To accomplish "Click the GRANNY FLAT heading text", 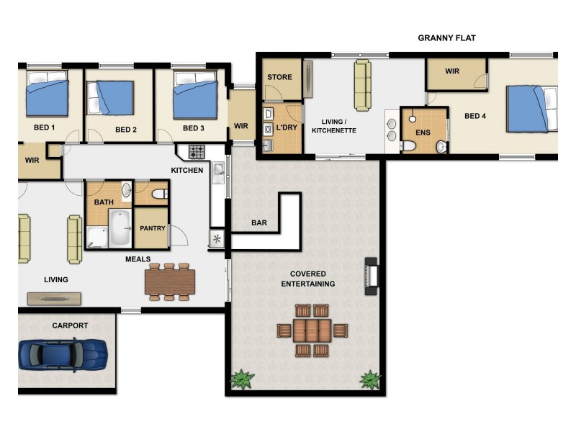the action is (446, 38).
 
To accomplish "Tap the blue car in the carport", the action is (63, 355).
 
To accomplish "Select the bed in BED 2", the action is (110, 98).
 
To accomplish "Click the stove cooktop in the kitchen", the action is (197, 152).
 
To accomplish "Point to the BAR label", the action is (259, 222).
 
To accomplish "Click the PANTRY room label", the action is (153, 228).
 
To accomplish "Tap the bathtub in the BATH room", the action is (120, 228).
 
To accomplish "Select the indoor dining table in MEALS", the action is (170, 282).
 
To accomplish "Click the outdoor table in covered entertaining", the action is (312, 330).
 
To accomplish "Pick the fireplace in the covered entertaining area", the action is (372, 276).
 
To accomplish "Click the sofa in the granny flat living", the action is (363, 85).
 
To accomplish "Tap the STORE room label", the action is (279, 77).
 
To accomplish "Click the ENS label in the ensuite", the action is (423, 132).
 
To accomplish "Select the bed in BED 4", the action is (531, 109).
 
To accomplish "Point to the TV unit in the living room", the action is (55, 299).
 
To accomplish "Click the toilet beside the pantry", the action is (160, 194).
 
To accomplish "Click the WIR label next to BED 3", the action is (241, 126).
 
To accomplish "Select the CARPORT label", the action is (70, 325).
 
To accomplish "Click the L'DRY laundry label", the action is (287, 127).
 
